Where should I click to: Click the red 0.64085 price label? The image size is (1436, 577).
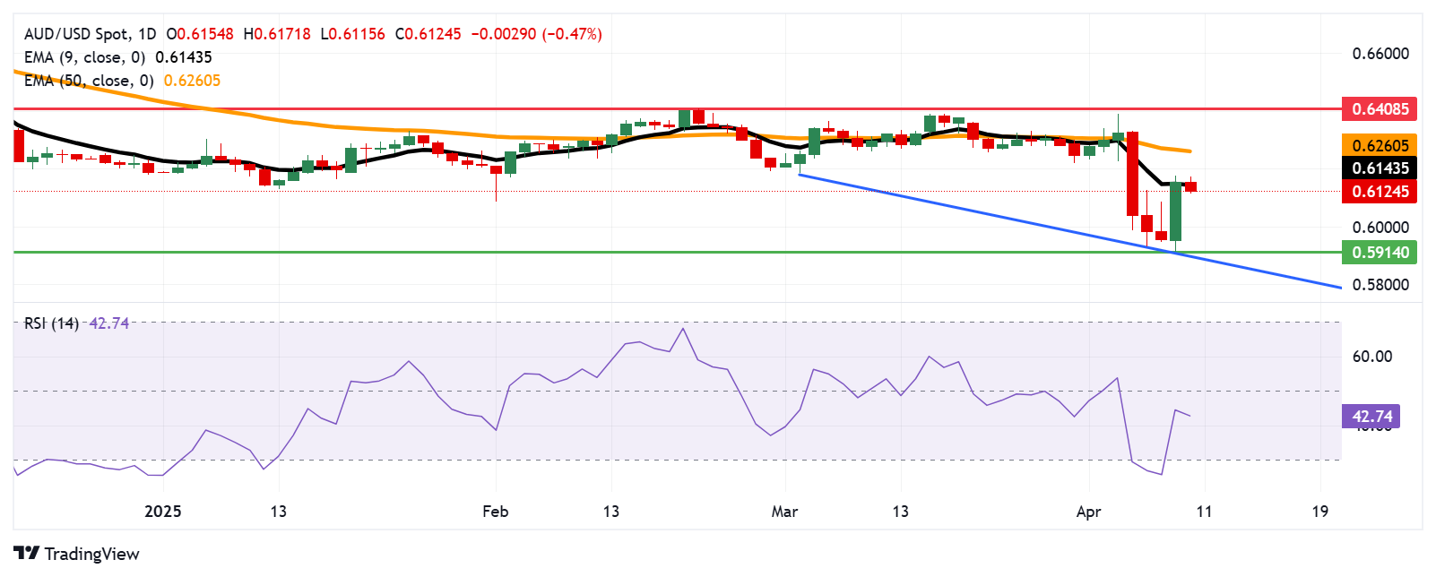(1380, 109)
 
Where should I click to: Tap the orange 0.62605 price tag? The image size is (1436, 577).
(1380, 145)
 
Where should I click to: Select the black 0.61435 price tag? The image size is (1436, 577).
(1380, 168)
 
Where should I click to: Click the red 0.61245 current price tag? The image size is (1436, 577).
(1380, 191)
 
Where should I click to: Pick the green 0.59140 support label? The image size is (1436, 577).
(1380, 253)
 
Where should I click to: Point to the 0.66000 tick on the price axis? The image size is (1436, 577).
(1380, 54)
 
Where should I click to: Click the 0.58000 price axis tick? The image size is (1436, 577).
(1380, 285)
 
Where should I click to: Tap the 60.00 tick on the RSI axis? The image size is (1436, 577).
(1371, 357)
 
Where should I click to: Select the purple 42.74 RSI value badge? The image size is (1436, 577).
(1371, 417)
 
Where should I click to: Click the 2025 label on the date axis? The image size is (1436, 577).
(163, 512)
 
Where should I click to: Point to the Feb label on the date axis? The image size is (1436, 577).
(495, 512)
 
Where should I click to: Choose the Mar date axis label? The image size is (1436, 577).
(784, 512)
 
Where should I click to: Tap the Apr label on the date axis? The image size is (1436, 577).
(1088, 512)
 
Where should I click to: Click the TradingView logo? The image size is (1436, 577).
(77, 554)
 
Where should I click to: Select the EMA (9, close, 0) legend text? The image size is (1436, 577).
(84, 57)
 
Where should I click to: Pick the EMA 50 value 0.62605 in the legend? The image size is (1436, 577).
(192, 81)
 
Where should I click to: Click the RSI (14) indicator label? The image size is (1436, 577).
(51, 323)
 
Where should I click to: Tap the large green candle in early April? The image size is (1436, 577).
(1175, 211)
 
